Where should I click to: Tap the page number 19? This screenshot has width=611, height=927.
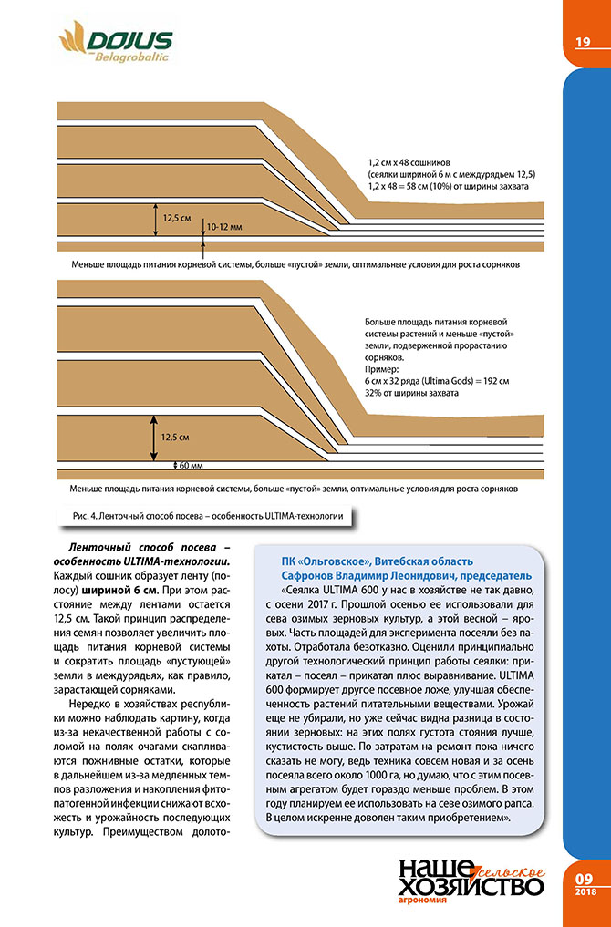pyautogui.click(x=582, y=42)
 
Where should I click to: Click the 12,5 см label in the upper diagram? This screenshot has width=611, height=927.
pyautogui.click(x=177, y=219)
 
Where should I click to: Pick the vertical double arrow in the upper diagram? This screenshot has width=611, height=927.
pyautogui.click(x=154, y=219)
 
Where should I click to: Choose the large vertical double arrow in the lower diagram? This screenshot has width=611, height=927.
pyautogui.click(x=151, y=436)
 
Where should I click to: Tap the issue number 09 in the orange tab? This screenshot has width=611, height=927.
pyautogui.click(x=585, y=878)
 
